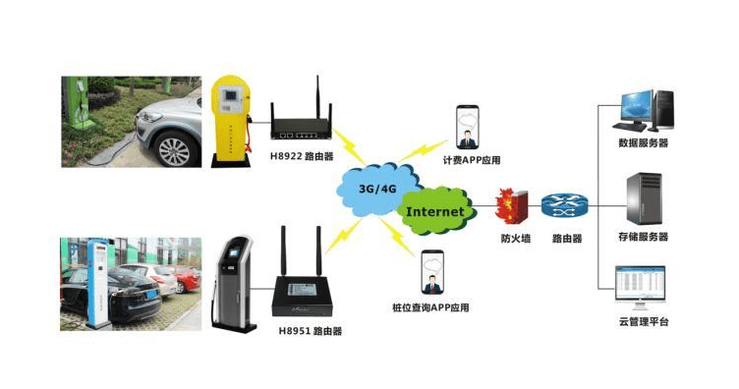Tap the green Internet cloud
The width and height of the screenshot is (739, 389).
[x=434, y=211]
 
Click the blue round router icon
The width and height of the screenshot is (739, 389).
[x=565, y=206]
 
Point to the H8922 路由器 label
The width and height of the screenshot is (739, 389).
[x=302, y=156]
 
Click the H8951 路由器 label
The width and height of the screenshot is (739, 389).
[x=311, y=331]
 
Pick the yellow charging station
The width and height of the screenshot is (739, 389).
[x=230, y=122]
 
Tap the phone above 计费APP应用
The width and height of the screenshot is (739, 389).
[x=468, y=127]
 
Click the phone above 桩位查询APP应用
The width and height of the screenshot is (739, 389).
[x=432, y=273]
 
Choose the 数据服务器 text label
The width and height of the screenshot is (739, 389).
[x=644, y=142]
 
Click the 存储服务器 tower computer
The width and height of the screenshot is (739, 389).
[x=644, y=198]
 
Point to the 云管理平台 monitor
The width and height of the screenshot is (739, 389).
[x=640, y=287]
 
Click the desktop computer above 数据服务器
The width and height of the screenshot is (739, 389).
[x=644, y=111]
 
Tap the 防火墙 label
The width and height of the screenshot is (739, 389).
[x=516, y=239]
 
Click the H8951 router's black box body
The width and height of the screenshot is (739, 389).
[x=302, y=297]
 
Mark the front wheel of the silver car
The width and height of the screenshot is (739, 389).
[x=174, y=149]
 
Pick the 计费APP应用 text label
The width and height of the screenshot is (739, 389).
[x=472, y=160]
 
